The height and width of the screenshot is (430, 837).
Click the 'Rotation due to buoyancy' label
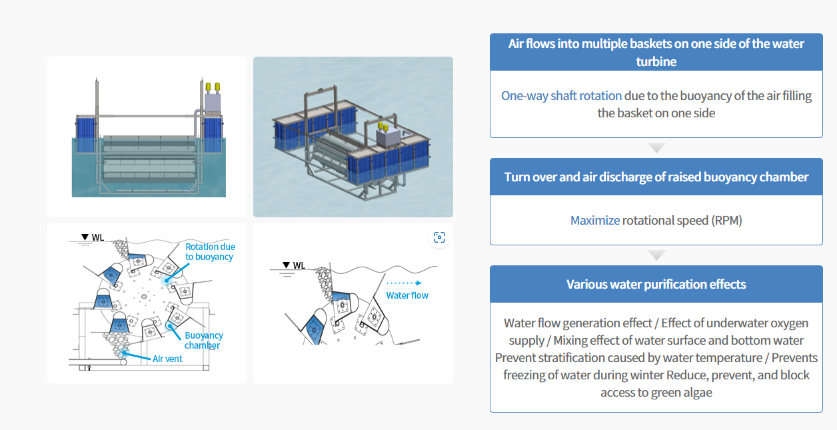point(210,252)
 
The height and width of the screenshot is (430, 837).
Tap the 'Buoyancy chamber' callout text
point(203,341)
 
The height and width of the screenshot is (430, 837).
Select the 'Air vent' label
point(167,359)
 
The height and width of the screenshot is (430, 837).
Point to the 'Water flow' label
point(407,295)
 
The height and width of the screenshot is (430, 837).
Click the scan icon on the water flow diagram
point(438,237)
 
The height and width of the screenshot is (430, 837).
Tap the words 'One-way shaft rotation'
point(561,95)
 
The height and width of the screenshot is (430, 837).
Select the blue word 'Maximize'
point(594,220)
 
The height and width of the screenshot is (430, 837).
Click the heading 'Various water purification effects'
point(656,285)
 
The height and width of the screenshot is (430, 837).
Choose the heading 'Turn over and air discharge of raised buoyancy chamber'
point(656,177)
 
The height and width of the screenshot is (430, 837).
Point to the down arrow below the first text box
point(656,148)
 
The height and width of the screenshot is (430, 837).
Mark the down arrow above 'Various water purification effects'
point(656,255)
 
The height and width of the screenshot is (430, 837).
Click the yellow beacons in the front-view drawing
point(213,87)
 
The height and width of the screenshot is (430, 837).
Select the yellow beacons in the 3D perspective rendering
point(383,126)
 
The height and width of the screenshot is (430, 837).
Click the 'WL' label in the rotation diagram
point(97,237)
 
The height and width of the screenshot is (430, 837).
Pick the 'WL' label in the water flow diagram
point(299,265)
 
